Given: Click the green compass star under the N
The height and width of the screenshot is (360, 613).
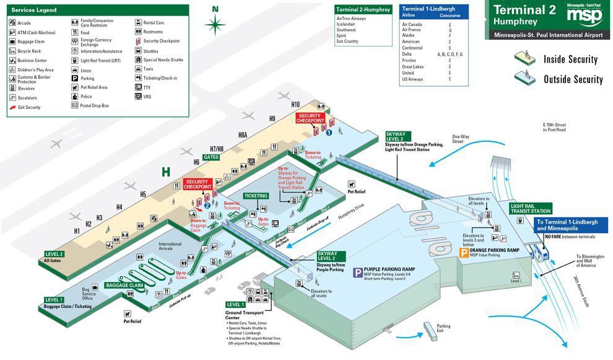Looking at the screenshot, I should click(x=215, y=25).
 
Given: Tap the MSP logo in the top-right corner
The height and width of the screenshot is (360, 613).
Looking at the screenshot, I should click(x=583, y=14).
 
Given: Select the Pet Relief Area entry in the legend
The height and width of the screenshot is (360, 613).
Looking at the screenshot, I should click(x=93, y=87).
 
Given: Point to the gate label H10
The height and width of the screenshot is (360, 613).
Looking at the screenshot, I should click(x=295, y=105).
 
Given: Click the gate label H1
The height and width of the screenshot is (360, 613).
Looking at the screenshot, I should click(x=77, y=230).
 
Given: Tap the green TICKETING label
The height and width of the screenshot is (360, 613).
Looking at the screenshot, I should click(x=256, y=196).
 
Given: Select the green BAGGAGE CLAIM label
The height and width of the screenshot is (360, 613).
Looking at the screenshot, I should click(x=124, y=285).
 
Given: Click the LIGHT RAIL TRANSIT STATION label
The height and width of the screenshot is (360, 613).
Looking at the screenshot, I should click(x=531, y=208).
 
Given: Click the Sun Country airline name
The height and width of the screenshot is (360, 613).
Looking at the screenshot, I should click(x=347, y=42).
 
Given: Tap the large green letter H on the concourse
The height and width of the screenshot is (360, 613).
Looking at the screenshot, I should click(x=166, y=172).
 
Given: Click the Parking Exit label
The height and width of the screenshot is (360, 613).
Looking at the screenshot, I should click(x=443, y=328).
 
